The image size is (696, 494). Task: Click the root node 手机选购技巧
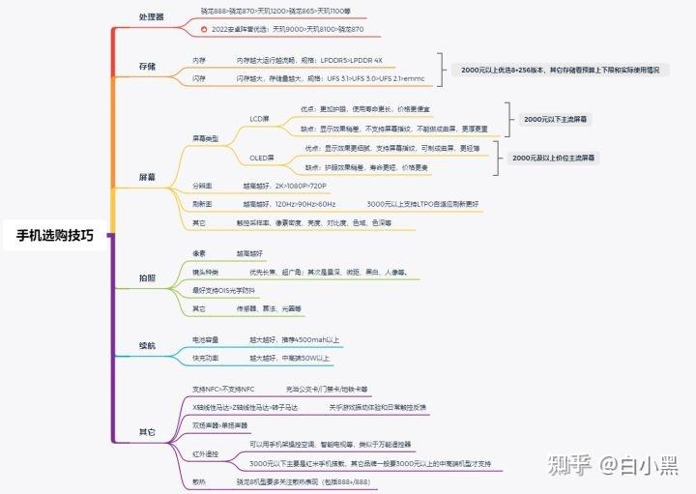click(x=55, y=235)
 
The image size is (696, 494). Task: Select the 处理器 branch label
click(x=152, y=16)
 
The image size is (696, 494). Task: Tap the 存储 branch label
click(x=147, y=67)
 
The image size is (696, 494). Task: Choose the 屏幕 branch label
click(x=147, y=177)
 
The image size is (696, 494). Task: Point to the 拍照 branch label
click(x=147, y=278)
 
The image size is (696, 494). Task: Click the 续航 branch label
click(x=147, y=346)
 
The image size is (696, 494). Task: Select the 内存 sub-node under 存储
click(x=198, y=60)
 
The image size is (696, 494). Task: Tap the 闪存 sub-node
click(x=198, y=77)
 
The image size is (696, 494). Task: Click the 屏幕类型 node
click(x=206, y=138)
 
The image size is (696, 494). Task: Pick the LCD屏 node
click(x=259, y=118)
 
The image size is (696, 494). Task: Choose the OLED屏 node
click(x=262, y=158)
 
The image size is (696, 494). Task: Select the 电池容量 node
click(x=206, y=339)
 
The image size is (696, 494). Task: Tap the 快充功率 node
click(x=206, y=358)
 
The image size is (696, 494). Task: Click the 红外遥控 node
click(x=206, y=452)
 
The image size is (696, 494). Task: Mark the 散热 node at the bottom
click(x=199, y=479)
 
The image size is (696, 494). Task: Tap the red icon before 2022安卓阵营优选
click(x=203, y=30)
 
